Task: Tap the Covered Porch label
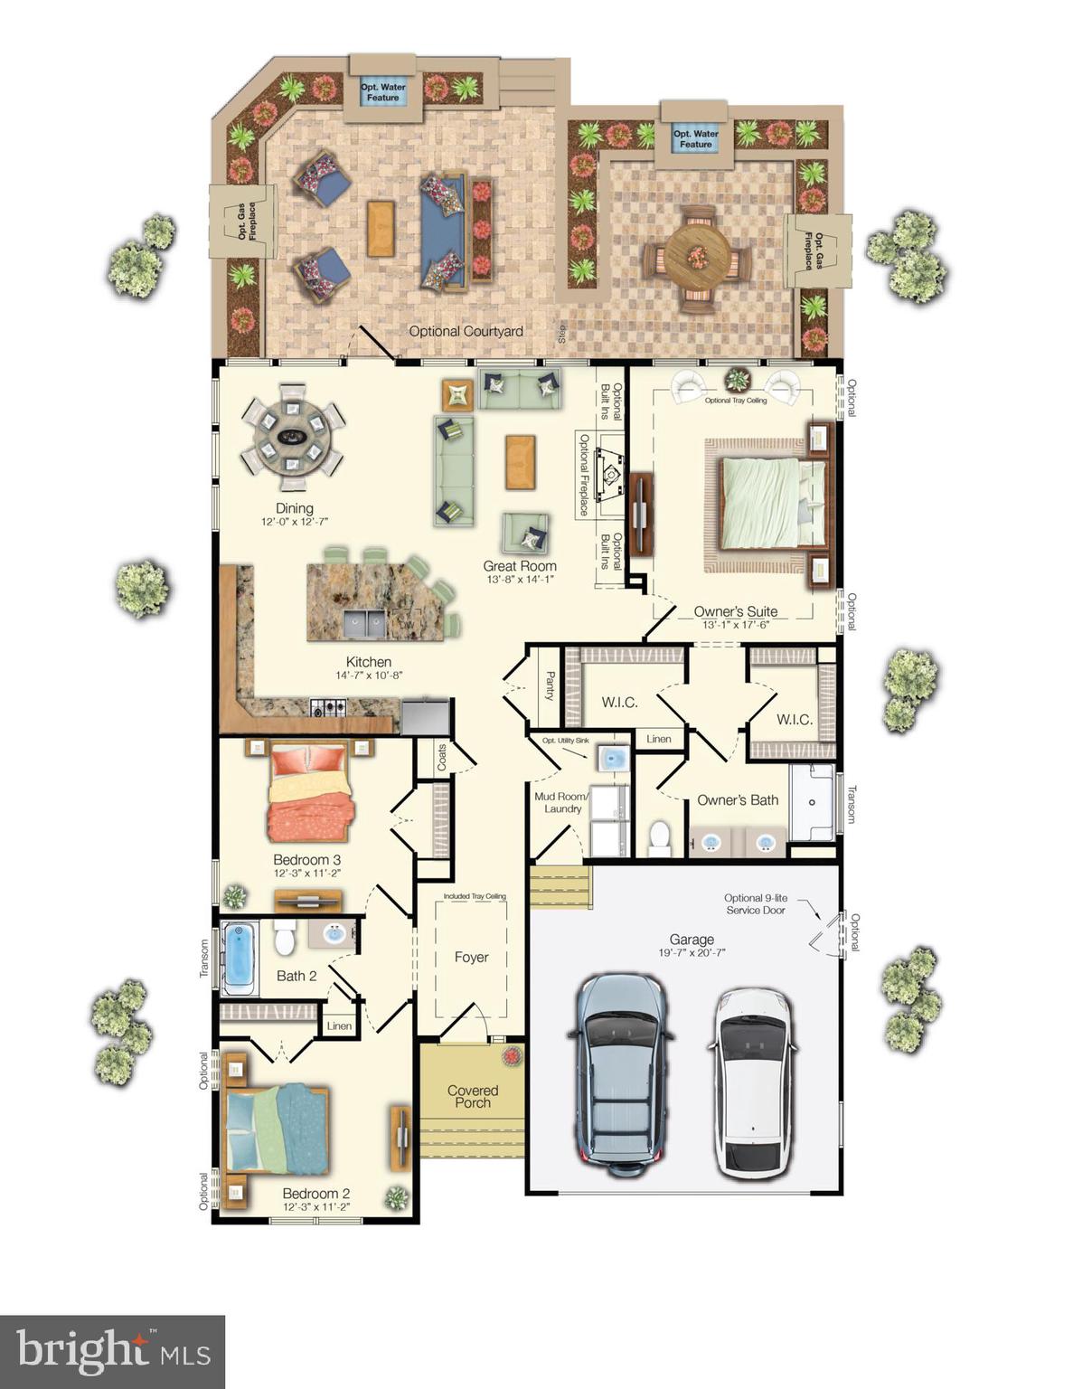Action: pyautogui.click(x=473, y=1096)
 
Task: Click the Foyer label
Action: pyautogui.click(x=471, y=957)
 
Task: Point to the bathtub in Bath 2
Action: pyautogui.click(x=240, y=953)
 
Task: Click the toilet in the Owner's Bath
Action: pyautogui.click(x=660, y=837)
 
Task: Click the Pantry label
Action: pyautogui.click(x=550, y=685)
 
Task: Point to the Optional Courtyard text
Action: pyautogui.click(x=466, y=331)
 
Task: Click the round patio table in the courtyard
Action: pyautogui.click(x=696, y=257)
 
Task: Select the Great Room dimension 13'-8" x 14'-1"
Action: pyautogui.click(x=520, y=580)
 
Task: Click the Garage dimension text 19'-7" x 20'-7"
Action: pyautogui.click(x=692, y=952)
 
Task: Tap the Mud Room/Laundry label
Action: pyautogui.click(x=561, y=803)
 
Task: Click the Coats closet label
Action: pyautogui.click(x=442, y=757)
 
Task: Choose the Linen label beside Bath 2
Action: pyautogui.click(x=339, y=1025)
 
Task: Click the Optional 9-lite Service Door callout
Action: pyautogui.click(x=755, y=904)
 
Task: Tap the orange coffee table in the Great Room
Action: pyautogui.click(x=520, y=462)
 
